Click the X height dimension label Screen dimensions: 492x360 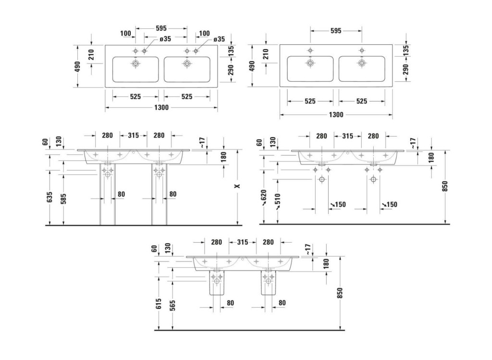point(237,186)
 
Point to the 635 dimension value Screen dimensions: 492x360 point(49,197)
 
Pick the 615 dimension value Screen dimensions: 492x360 point(159,303)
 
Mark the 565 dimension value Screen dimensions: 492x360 point(172,305)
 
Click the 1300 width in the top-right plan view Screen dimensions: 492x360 point(336,114)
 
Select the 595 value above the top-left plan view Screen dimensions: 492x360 point(161,28)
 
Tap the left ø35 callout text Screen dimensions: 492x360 point(165,39)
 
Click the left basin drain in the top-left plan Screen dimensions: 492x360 point(135,63)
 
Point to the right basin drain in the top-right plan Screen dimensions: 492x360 point(362,63)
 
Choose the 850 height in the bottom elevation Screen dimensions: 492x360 point(340,293)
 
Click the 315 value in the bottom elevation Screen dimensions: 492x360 point(242,242)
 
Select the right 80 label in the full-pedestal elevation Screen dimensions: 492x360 point(173,194)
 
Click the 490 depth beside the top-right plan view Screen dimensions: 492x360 point(252,66)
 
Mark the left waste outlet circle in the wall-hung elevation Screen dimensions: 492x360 point(321,180)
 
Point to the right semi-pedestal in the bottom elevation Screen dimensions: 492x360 point(269,283)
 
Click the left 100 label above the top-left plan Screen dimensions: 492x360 point(125,33)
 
